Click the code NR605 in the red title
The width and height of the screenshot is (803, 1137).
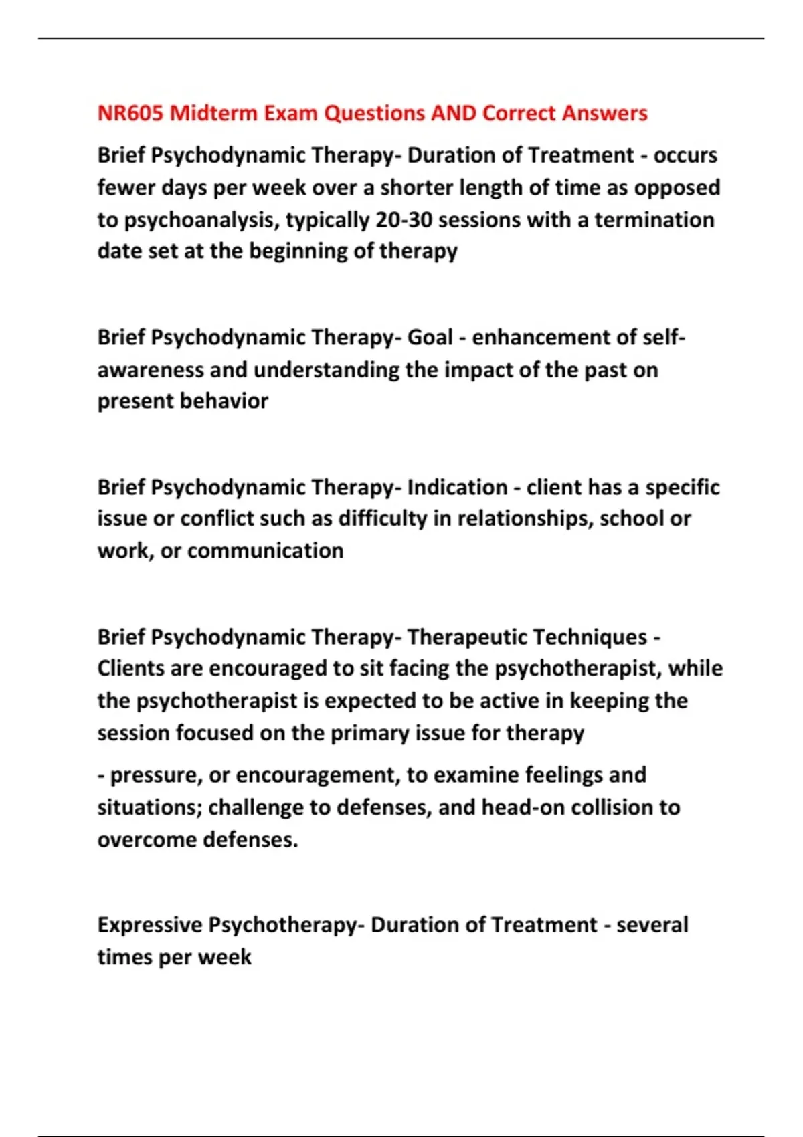130,113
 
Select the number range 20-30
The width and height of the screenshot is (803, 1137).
404,220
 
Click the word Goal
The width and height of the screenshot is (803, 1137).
430,337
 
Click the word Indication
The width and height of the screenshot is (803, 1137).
457,487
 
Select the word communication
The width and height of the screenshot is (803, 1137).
265,551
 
